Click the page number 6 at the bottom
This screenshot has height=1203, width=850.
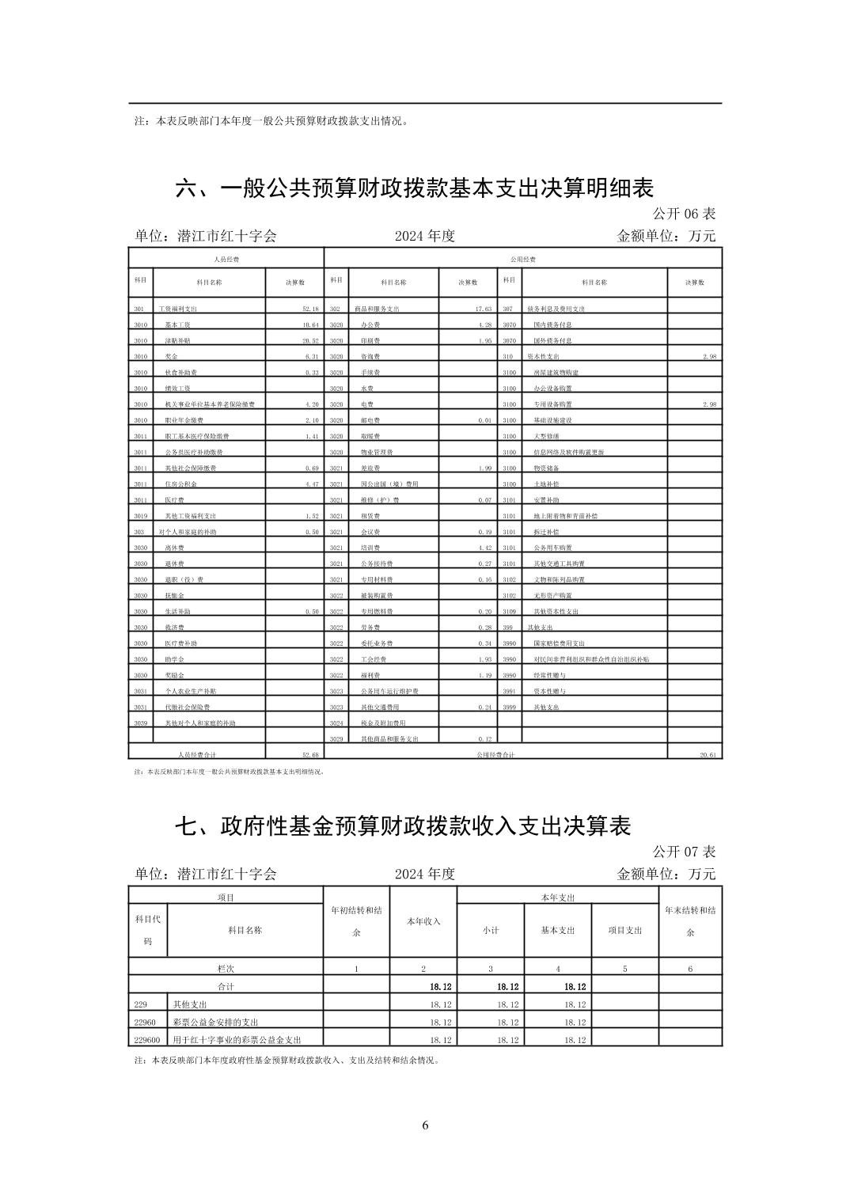click(x=425, y=1125)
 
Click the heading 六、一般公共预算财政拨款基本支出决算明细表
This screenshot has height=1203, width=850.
click(x=414, y=188)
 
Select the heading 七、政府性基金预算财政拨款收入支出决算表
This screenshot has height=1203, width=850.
click(x=403, y=826)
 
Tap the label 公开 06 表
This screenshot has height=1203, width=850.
click(x=684, y=214)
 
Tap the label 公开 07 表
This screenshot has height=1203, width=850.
click(x=684, y=852)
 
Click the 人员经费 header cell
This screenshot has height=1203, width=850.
click(x=226, y=260)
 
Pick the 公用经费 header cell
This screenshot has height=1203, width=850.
click(x=523, y=260)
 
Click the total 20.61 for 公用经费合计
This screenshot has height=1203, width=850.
click(x=708, y=755)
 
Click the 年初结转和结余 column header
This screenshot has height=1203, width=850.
click(x=356, y=921)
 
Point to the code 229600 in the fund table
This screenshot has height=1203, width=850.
click(x=147, y=1040)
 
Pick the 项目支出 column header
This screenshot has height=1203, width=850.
click(x=624, y=931)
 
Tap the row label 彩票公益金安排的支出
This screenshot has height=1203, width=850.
click(x=215, y=1023)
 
